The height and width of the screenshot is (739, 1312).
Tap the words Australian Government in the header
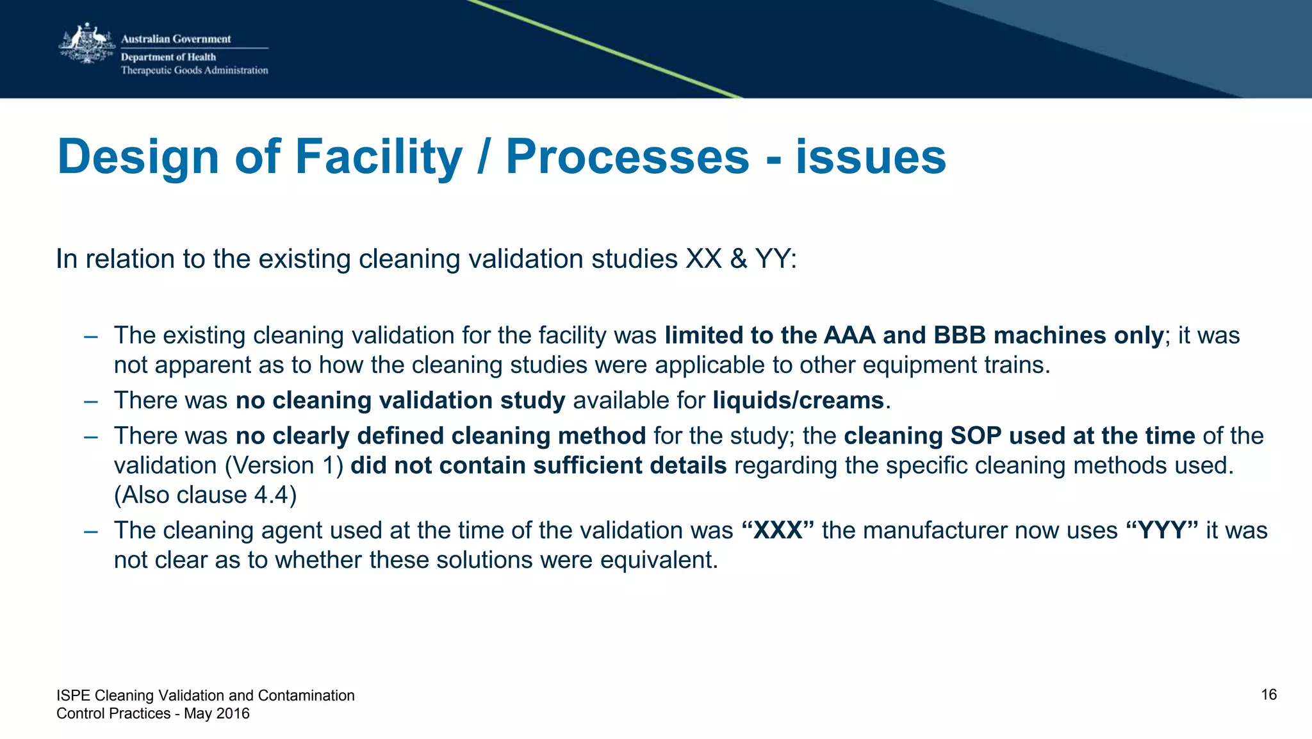[x=176, y=39]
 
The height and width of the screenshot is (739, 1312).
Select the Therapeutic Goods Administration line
[x=195, y=71]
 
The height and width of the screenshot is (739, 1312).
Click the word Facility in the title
[x=379, y=157]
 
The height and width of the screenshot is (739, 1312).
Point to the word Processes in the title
[x=627, y=157]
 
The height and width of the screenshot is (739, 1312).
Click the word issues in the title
[x=871, y=157]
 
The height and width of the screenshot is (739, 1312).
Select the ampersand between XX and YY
[x=739, y=260]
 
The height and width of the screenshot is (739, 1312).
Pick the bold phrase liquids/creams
[x=798, y=401]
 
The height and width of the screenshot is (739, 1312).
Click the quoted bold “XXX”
[x=778, y=531]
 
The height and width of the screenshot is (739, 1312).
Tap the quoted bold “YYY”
[x=1161, y=531]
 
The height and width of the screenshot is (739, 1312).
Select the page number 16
[x=1268, y=695]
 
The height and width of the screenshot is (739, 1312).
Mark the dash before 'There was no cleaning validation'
[x=90, y=401]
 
